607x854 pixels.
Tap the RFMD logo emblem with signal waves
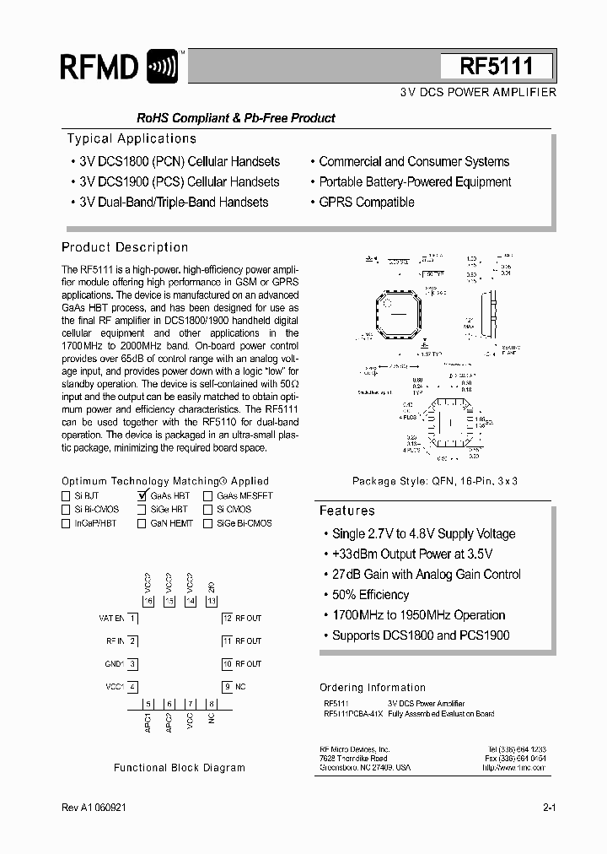pos(163,67)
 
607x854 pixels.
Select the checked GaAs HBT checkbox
pos(142,496)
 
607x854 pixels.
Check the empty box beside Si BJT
pos(67,496)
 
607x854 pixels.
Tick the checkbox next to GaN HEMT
pos(142,523)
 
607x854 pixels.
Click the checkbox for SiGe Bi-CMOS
pos(208,523)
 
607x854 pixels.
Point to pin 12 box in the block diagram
pos(227,619)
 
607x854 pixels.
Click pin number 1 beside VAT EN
pos(133,619)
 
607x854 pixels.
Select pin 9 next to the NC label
pos(227,686)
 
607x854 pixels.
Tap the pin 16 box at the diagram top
pos(149,601)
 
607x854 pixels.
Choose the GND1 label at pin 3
pos(115,664)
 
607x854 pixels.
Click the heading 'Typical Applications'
pos(132,138)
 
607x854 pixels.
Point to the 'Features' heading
pos(346,511)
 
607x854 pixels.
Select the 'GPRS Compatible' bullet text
pos(367,203)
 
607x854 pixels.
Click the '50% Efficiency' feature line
pos(370,595)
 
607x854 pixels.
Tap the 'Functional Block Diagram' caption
pos(180,768)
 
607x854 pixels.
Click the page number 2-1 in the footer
pos(549,808)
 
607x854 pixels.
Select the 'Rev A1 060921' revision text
pos(94,808)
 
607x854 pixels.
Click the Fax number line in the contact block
pos(515,759)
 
